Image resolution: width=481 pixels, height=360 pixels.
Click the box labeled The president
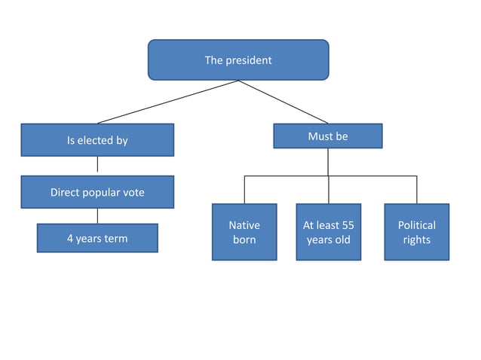coord(238,59)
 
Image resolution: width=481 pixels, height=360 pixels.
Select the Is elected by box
coord(97,140)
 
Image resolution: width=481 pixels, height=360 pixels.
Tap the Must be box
coord(327,136)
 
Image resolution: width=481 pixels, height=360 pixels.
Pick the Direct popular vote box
coord(97,192)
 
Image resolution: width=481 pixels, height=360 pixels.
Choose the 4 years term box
coord(97,238)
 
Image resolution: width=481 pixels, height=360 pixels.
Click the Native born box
coord(244,232)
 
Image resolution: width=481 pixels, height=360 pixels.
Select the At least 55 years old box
coord(328,232)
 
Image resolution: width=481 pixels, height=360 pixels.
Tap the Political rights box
coord(416,232)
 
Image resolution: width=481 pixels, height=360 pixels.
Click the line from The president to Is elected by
coord(167,102)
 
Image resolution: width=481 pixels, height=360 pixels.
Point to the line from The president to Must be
coord(284,102)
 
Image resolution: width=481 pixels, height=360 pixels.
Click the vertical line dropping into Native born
coord(244,190)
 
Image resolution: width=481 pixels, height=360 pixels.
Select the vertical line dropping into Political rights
coord(416,190)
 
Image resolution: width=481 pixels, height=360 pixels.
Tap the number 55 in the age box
coord(347,225)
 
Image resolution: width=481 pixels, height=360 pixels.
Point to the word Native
coord(244,225)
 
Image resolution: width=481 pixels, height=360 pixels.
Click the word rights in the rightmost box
coord(416,239)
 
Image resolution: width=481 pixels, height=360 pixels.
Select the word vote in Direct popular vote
coord(132,192)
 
